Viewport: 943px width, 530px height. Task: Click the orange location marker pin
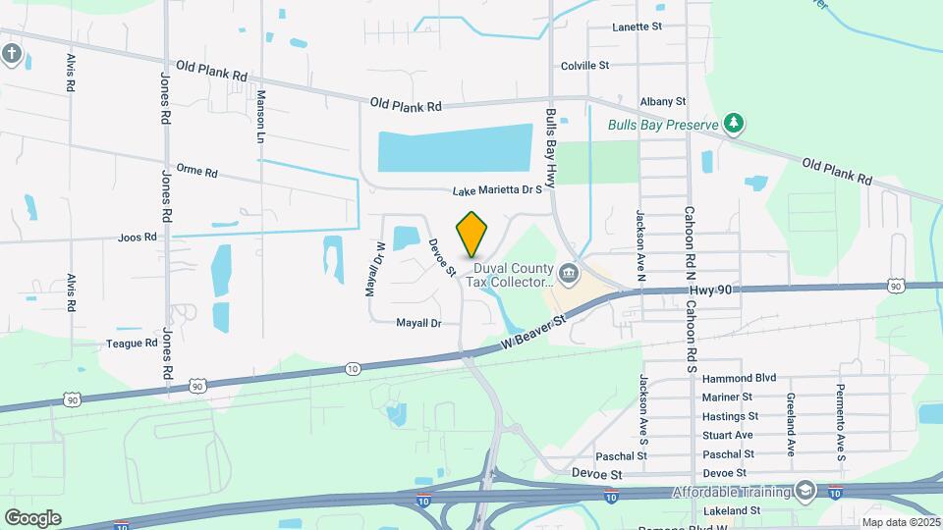(x=472, y=235)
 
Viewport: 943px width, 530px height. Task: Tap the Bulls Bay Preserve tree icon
(x=732, y=123)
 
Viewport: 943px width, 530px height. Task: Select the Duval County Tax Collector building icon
(x=568, y=272)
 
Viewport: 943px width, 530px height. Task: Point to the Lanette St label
(x=636, y=27)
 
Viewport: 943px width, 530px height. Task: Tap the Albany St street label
(x=661, y=101)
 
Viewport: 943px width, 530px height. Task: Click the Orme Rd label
(x=195, y=172)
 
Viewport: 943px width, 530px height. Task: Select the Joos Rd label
(x=137, y=238)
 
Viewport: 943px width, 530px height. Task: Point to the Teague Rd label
(x=132, y=344)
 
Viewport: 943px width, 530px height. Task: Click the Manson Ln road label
(x=261, y=116)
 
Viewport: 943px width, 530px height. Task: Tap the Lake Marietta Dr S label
(x=497, y=191)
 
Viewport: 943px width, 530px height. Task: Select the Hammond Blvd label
(x=740, y=378)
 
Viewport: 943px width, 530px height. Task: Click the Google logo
(x=32, y=517)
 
